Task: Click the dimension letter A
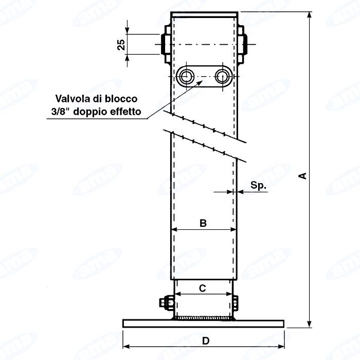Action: click(x=303, y=176)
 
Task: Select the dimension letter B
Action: click(x=203, y=223)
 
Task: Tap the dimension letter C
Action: click(x=202, y=288)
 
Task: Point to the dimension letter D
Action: click(x=206, y=341)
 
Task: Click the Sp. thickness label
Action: click(x=258, y=185)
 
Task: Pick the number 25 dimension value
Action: click(x=121, y=45)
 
